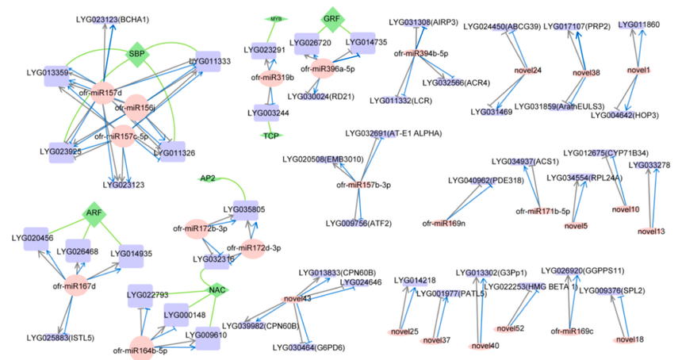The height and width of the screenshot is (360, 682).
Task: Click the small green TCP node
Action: (273, 136)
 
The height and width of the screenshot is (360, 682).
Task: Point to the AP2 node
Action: (208, 178)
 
